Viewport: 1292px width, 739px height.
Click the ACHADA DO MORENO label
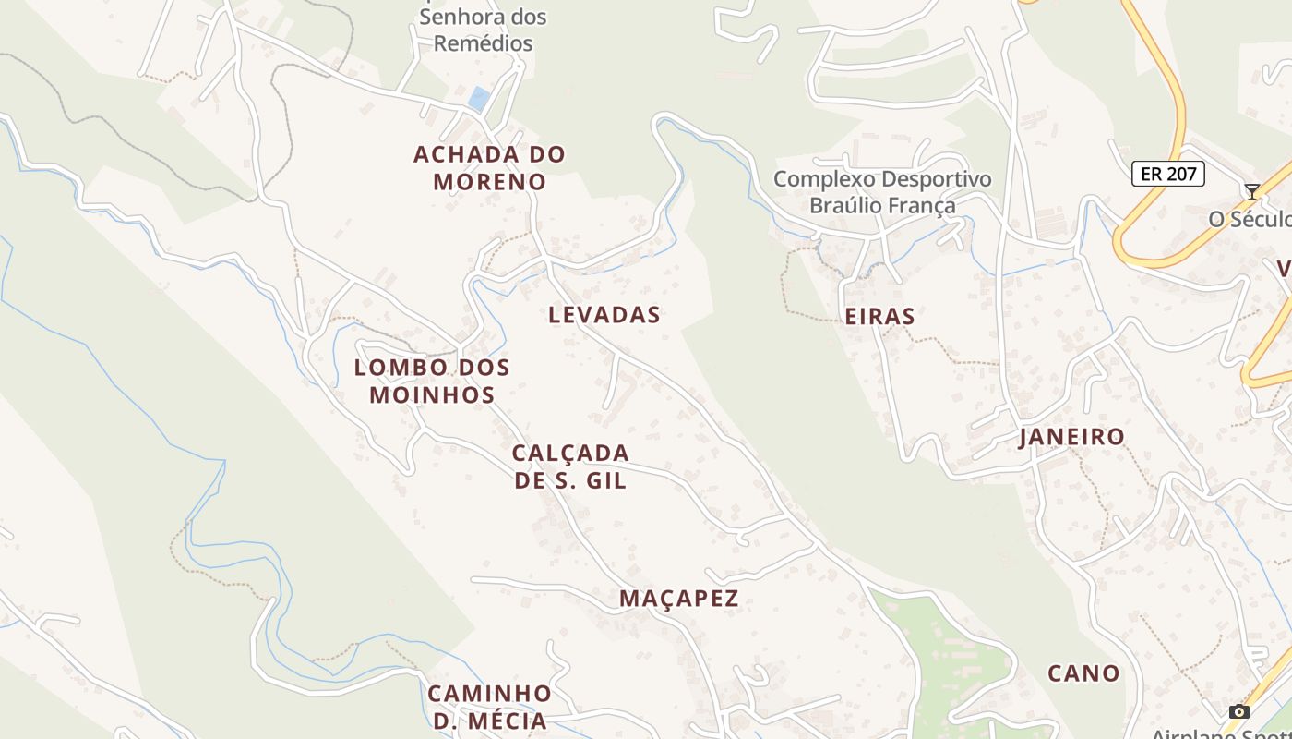pos(489,167)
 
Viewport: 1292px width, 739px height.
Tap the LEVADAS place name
pos(604,314)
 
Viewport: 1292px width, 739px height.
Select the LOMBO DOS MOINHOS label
pos(432,381)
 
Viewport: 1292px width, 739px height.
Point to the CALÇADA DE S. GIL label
pos(570,466)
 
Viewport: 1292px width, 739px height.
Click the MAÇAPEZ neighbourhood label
pos(679,598)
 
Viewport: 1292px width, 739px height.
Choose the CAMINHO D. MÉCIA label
pos(489,707)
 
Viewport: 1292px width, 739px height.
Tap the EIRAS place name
pos(879,317)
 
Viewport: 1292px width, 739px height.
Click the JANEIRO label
pos(1071,436)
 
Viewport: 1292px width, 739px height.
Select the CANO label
pos(1083,673)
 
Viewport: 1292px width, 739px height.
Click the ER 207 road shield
pos(1167,174)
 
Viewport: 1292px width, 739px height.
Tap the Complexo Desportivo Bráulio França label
pos(882,191)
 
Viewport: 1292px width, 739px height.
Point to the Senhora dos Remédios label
pos(483,30)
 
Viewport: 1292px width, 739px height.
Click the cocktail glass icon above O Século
pos(1251,192)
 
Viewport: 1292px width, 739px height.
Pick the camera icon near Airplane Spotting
pos(1239,711)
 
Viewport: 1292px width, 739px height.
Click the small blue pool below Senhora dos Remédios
pos(478,98)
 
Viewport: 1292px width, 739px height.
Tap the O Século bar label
pos(1250,219)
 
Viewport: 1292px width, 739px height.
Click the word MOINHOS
pos(432,394)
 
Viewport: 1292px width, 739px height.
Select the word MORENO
pos(489,181)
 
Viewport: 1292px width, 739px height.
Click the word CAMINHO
pos(489,693)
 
